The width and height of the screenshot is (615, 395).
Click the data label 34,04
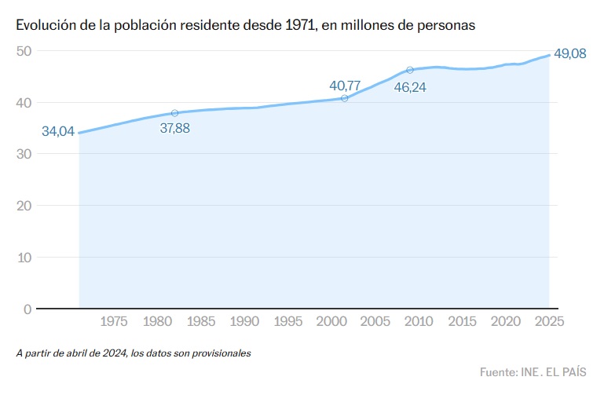tap(58, 132)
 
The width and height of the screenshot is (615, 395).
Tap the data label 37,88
tap(174, 128)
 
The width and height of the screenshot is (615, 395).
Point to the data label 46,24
tap(410, 87)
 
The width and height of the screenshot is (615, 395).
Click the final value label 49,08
tap(569, 54)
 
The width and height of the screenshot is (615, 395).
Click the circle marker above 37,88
tap(174, 113)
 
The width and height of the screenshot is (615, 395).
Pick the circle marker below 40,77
tap(345, 98)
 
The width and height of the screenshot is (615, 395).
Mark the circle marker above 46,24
tap(410, 70)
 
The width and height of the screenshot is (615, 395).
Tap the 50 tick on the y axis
tap(24, 51)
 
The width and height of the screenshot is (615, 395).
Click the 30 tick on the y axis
tap(24, 154)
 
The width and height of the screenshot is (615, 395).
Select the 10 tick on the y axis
tap(24, 257)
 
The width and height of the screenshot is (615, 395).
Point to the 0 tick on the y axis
tap(27, 309)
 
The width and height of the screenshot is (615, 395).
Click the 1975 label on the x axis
tap(114, 321)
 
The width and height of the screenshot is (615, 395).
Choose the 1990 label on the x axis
tap(245, 321)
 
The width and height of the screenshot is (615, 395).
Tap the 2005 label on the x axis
tap(375, 321)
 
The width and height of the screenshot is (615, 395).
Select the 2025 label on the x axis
tap(548, 321)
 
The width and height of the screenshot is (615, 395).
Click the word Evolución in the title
tap(46, 25)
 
